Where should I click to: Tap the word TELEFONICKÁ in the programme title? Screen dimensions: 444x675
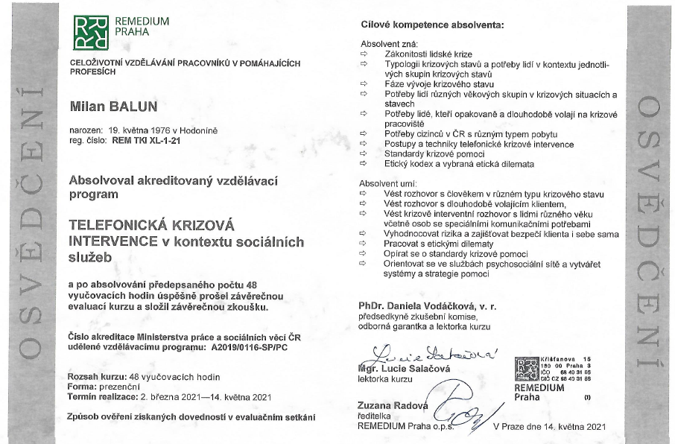[x=121, y=223]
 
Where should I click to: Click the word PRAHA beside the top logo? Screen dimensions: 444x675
[x=128, y=33]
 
